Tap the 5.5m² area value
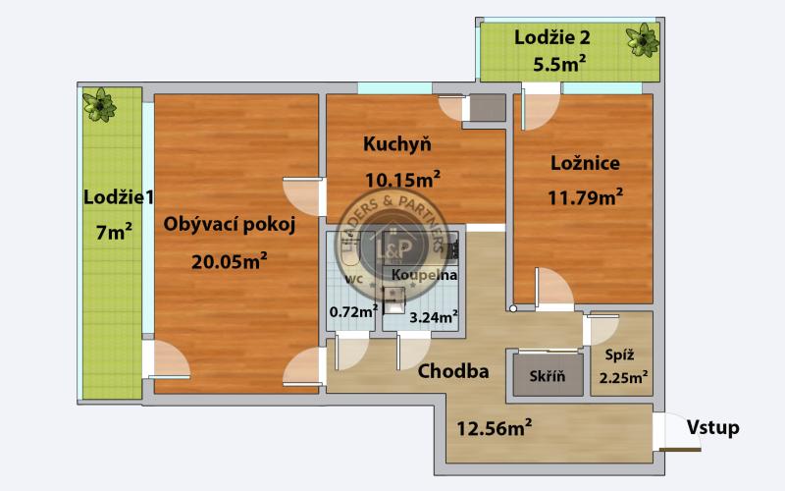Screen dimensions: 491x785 click(553, 64)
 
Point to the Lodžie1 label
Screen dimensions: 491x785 click(119, 196)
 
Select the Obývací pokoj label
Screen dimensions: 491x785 click(230, 224)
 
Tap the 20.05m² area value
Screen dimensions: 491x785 click(229, 260)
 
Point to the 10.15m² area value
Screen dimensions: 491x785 click(401, 179)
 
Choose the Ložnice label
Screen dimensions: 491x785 click(584, 163)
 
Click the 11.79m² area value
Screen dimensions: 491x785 click(585, 197)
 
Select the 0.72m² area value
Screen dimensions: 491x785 click(353, 312)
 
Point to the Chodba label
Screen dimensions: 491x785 click(453, 372)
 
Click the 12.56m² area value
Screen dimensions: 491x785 click(495, 425)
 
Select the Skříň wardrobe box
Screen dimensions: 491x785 click(547, 376)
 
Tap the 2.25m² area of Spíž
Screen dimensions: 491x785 click(623, 377)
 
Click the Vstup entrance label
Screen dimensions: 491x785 click(712, 427)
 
